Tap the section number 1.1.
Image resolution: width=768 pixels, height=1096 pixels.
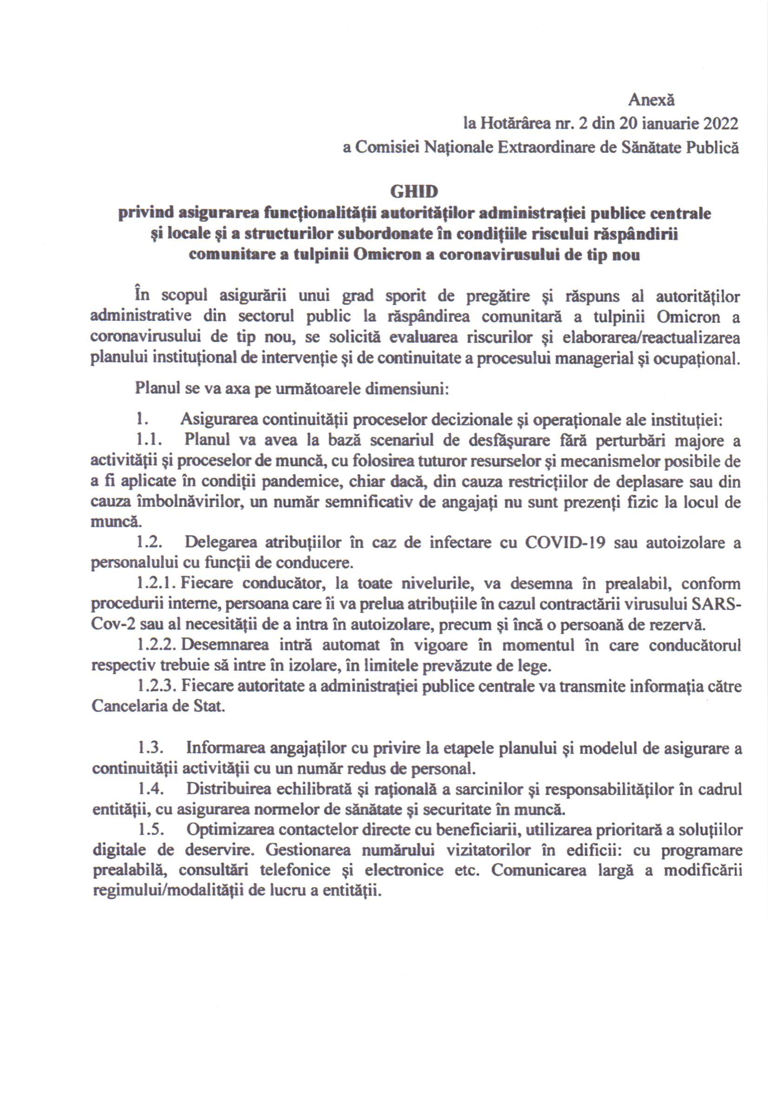(150, 441)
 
